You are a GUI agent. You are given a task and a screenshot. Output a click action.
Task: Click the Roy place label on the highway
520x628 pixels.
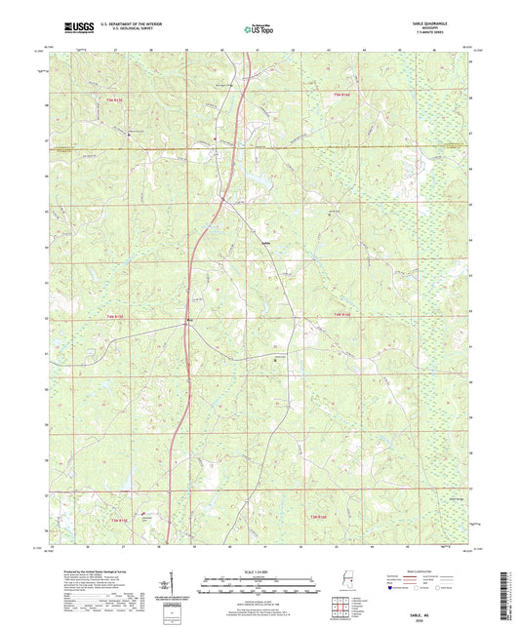(189, 319)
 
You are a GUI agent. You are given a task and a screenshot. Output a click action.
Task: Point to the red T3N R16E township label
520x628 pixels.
(319, 516)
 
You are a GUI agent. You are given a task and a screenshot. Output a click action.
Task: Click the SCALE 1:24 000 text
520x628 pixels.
(260, 571)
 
